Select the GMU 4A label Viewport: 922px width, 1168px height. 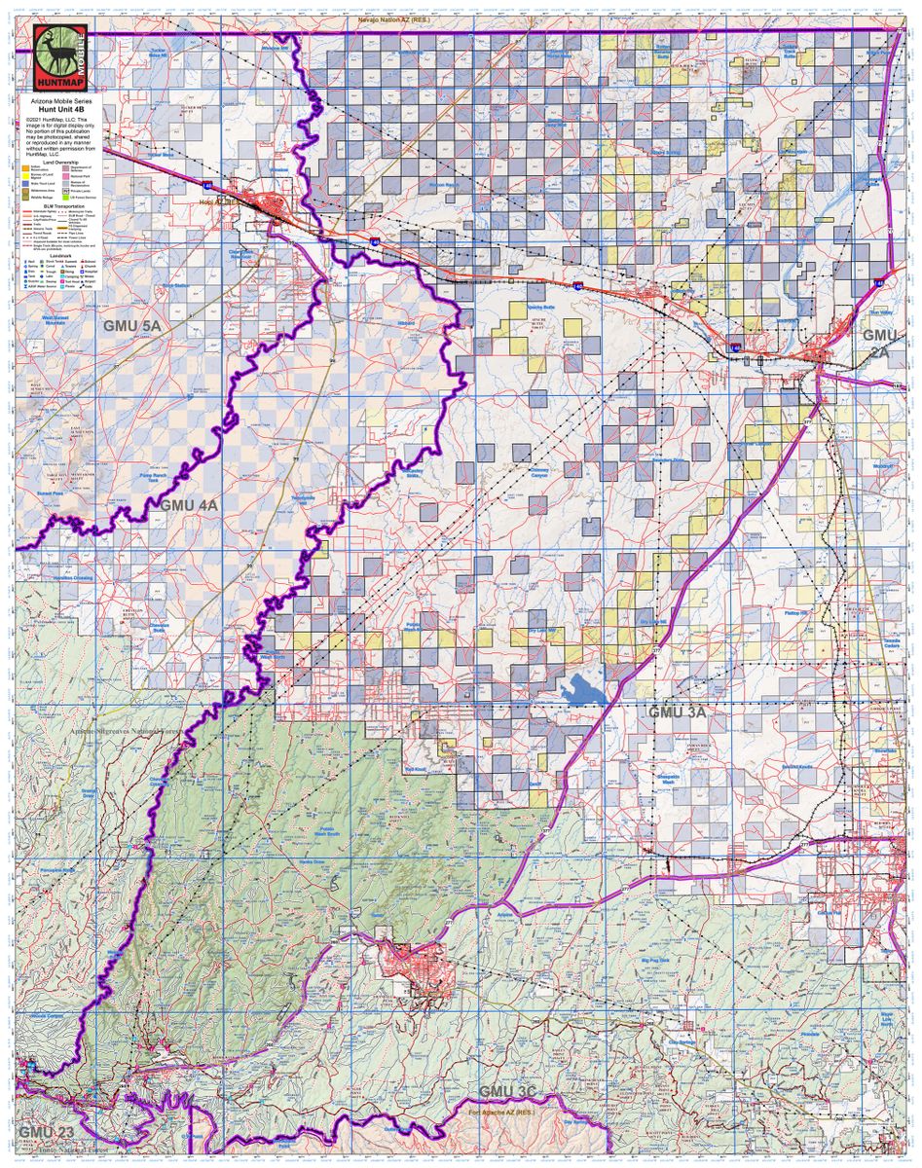(189, 505)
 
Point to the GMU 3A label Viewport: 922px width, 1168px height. (677, 712)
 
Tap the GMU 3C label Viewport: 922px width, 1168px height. (508, 1090)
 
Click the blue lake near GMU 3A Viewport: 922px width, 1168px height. (584, 689)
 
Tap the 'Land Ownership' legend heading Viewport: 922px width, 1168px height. (59, 163)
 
